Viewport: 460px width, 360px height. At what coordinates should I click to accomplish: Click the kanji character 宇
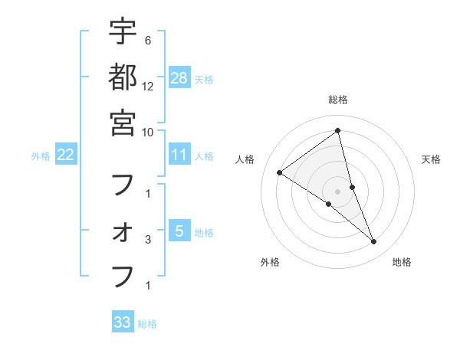tap(123, 32)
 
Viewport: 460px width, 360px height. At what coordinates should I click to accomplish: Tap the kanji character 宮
tap(123, 122)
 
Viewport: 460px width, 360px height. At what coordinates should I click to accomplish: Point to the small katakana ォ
tap(123, 232)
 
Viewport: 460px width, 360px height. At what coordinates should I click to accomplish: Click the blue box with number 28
tap(179, 77)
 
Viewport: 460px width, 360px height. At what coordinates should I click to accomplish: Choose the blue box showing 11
tap(179, 155)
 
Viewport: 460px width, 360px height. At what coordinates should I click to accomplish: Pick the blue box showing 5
tap(179, 231)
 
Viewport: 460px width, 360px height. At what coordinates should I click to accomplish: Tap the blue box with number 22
tap(66, 155)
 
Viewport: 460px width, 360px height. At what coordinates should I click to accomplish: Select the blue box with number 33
tap(123, 322)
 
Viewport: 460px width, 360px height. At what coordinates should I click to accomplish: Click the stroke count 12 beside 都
tap(148, 86)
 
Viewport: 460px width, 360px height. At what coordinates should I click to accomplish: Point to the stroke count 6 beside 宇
tap(147, 40)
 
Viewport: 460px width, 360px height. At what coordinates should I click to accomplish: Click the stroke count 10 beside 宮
tap(148, 131)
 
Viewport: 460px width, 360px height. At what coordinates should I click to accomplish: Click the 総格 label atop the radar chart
tap(338, 100)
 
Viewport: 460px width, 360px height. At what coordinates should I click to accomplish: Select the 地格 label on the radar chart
tap(402, 262)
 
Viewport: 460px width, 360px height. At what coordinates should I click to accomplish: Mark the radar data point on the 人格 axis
tap(280, 173)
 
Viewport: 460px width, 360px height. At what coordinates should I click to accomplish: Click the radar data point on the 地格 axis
tap(374, 242)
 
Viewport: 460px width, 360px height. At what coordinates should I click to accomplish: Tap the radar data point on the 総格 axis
tap(338, 131)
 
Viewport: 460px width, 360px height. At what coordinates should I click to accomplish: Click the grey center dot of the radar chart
tap(338, 191)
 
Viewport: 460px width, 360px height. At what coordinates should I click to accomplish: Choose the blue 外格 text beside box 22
tap(41, 156)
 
